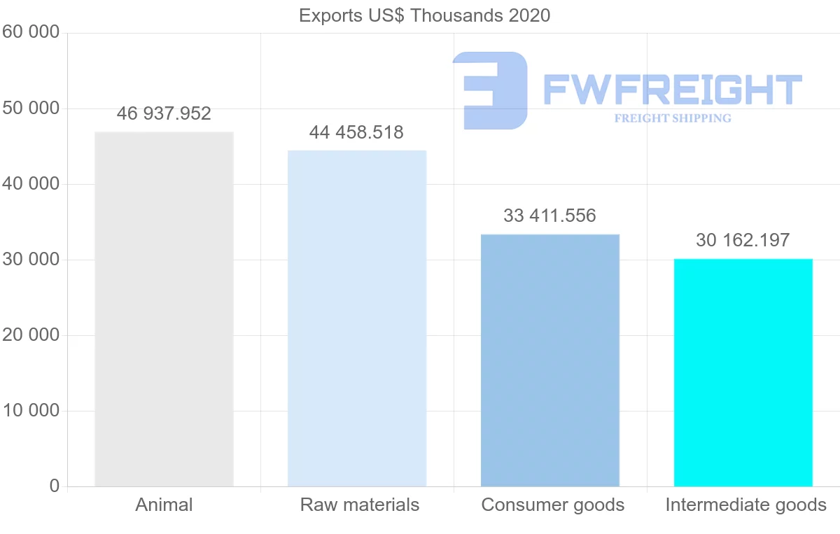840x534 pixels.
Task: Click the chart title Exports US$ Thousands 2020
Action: tap(424, 15)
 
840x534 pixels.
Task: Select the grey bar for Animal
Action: tap(164, 309)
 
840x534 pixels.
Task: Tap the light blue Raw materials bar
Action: tap(357, 318)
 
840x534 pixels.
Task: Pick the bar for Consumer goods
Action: tap(550, 360)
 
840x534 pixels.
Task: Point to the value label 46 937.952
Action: tap(164, 113)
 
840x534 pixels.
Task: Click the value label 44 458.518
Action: tap(356, 132)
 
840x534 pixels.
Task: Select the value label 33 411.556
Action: tap(549, 216)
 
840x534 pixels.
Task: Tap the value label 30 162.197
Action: tap(743, 240)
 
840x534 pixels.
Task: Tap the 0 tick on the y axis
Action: tap(55, 486)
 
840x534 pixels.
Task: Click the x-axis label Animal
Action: tap(164, 505)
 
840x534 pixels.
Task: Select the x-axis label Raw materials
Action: tap(360, 505)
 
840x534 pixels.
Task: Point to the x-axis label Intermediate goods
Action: tap(745, 505)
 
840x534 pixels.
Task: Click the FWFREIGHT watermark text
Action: tap(672, 89)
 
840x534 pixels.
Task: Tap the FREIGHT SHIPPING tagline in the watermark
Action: tap(673, 118)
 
